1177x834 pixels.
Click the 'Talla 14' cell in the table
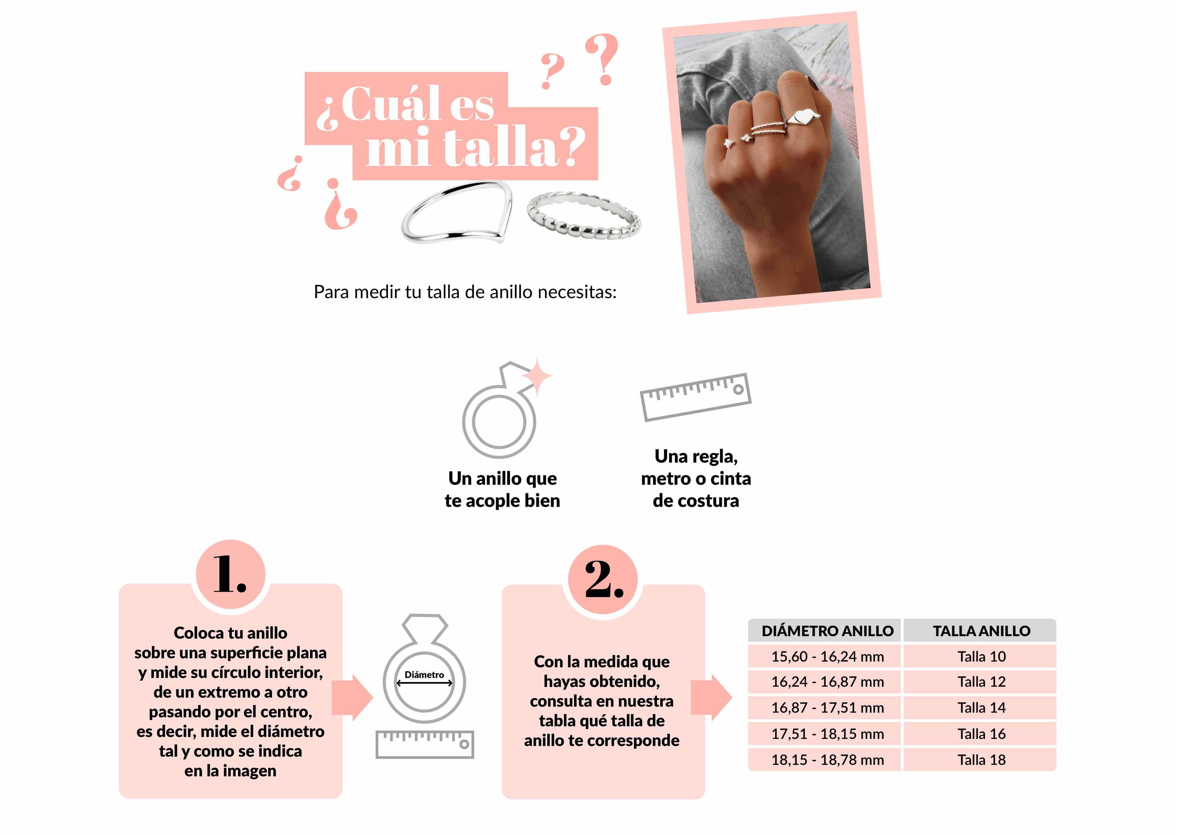[x=981, y=708]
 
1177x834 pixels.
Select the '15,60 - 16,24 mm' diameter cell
[x=827, y=656]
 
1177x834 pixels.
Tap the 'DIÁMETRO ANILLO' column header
[x=827, y=631]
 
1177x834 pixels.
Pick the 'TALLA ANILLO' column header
[x=981, y=631]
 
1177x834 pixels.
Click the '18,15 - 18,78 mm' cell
[x=827, y=760]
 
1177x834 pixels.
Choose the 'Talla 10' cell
[x=981, y=656]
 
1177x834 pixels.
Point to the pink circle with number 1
[x=231, y=574]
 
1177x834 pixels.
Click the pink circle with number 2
[x=603, y=579]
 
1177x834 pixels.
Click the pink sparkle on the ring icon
[x=537, y=376]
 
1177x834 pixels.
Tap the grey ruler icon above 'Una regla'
[x=695, y=397]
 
